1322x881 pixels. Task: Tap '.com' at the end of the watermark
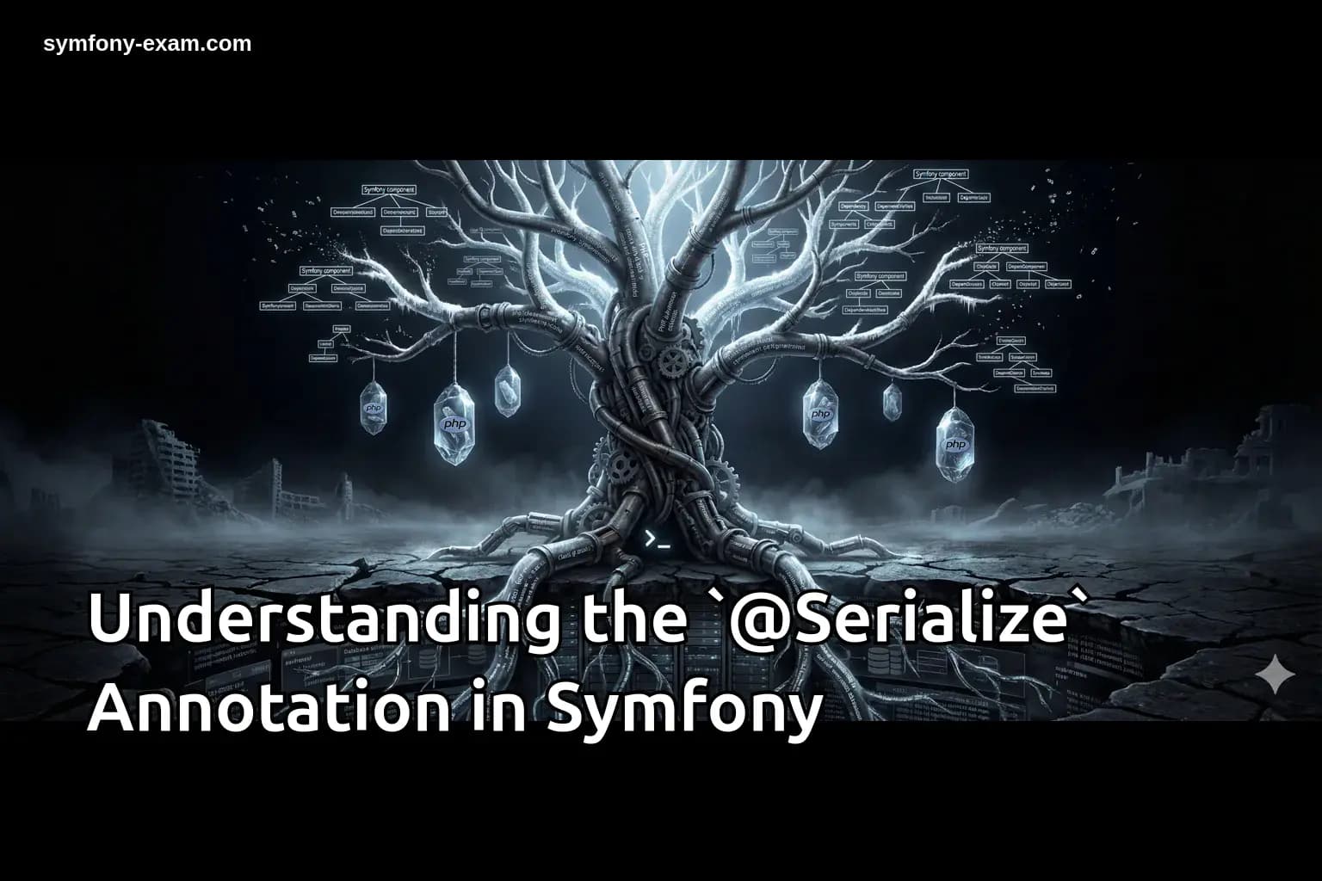point(229,43)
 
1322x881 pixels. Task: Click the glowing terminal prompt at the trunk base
point(657,540)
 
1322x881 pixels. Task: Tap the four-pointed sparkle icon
point(1275,675)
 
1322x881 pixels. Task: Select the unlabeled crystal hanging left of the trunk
point(507,391)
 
